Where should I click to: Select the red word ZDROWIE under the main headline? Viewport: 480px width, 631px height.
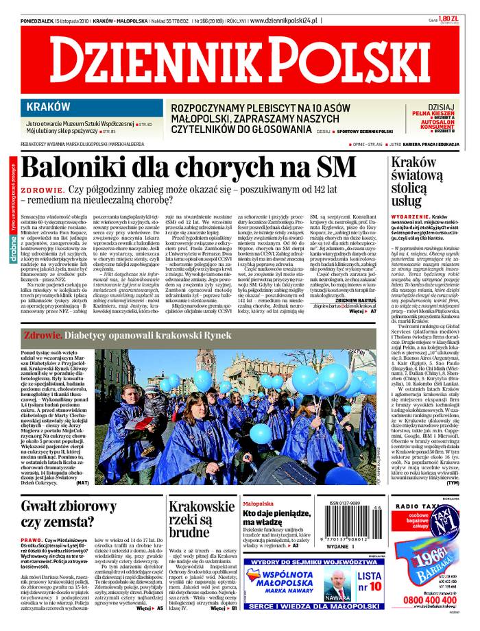coord(40,188)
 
